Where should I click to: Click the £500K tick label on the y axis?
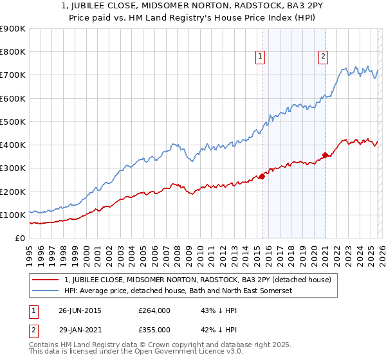13,122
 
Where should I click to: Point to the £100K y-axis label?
13,215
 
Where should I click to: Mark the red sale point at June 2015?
262,177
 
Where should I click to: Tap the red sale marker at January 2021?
326,155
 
